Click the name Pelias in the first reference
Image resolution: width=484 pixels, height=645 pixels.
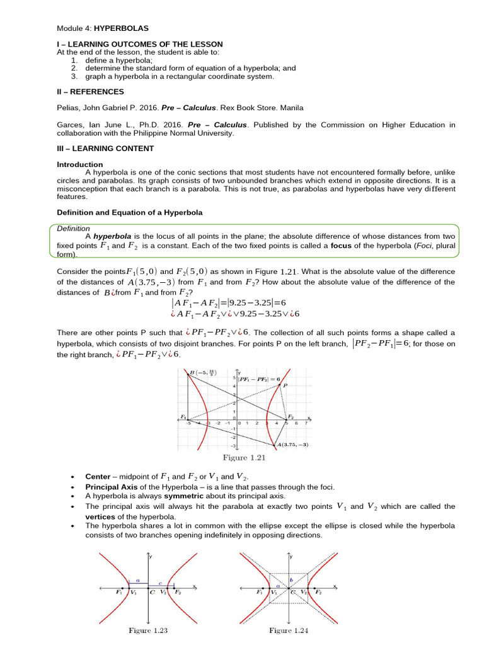68,107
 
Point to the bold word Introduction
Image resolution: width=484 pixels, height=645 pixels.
79,164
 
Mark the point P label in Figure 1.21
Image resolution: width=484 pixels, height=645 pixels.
285,385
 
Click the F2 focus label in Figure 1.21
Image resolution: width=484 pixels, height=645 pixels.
291,417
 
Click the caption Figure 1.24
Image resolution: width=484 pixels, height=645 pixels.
291,630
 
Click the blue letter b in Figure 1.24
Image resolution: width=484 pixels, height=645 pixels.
291,578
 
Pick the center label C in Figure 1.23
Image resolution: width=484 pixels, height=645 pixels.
153,593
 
